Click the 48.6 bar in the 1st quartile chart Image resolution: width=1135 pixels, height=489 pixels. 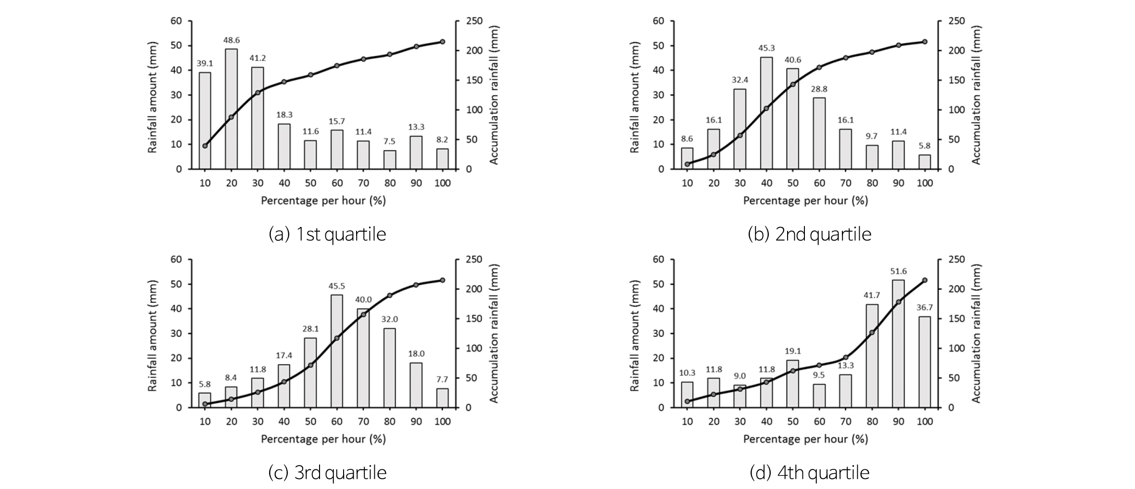tap(231, 109)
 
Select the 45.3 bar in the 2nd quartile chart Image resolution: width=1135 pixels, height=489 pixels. tap(766, 113)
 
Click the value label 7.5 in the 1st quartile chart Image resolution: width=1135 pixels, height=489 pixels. tap(390, 141)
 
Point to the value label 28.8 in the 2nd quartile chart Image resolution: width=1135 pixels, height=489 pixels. tap(819, 89)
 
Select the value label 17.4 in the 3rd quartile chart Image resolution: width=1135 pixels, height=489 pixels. tap(284, 356)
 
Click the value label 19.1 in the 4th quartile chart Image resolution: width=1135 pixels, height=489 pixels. tap(793, 351)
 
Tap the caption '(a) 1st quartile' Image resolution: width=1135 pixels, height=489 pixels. tap(327, 234)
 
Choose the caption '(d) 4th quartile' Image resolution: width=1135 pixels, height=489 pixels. tap(809, 473)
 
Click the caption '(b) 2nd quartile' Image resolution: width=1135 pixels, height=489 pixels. tap(809, 234)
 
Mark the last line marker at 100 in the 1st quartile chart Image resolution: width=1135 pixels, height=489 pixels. tap(443, 42)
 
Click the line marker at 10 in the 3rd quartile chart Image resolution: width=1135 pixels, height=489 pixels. tap(205, 404)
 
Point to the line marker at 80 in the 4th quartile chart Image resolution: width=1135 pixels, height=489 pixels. tap(872, 332)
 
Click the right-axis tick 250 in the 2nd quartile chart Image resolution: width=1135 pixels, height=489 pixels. tap(956, 21)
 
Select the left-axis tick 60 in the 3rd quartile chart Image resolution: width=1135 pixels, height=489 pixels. tap(176, 260)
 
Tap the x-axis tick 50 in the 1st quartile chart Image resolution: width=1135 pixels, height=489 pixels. tap(310, 183)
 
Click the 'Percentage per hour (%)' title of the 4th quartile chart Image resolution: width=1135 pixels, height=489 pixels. tap(805, 439)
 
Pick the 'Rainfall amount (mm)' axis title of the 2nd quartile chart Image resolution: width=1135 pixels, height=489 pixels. tap(634, 97)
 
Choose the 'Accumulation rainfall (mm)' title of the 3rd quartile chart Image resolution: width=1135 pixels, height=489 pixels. tap(494, 334)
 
